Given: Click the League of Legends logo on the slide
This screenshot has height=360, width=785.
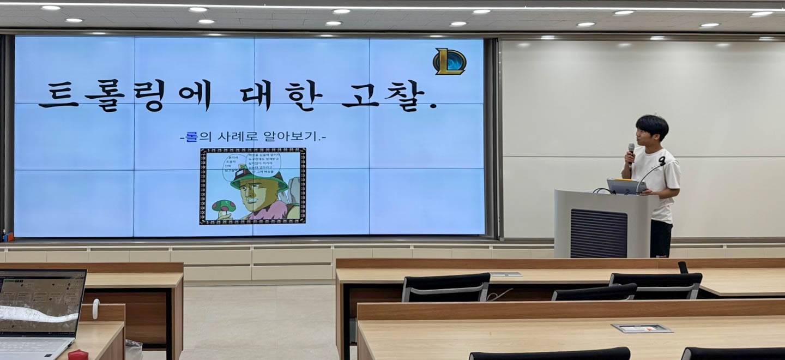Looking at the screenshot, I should point(450,62).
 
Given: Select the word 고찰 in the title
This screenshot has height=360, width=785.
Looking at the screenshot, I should point(387,96).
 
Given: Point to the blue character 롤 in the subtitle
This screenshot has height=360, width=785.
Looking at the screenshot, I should point(191,136).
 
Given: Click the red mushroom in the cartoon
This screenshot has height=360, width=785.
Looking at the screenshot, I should point(224,206).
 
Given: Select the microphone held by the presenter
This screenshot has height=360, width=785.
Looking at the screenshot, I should point(631,153).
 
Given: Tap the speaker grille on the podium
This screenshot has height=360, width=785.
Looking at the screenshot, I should point(598,233).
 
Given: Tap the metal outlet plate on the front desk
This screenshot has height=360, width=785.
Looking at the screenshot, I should point(642,328).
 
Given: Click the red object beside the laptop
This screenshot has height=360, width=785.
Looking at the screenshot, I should point(78,355).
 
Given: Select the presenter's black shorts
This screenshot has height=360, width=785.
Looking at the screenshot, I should point(661,238).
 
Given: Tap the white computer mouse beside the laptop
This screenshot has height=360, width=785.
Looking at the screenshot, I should point(95,309).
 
